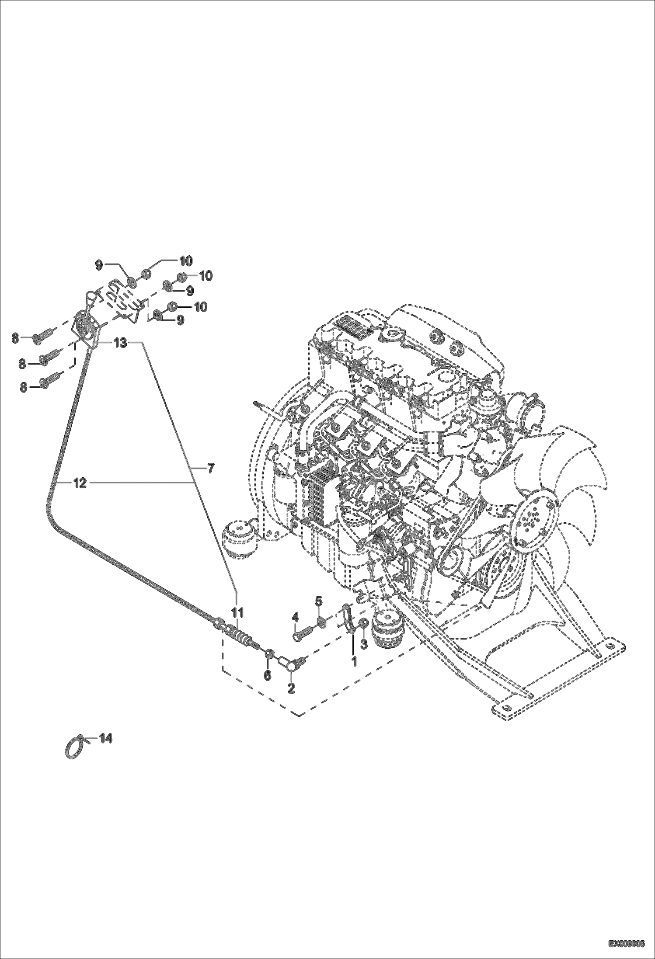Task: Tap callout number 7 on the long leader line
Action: tap(210, 469)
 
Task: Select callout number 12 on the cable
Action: tap(80, 483)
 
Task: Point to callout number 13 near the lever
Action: tap(120, 343)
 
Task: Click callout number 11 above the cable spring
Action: tap(237, 611)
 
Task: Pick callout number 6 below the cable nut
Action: tap(267, 675)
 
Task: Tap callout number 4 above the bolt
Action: tap(296, 617)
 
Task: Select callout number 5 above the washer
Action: tap(319, 601)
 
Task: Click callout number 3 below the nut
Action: tap(364, 643)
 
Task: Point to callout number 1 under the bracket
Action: tap(354, 661)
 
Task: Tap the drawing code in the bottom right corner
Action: tap(626, 944)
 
